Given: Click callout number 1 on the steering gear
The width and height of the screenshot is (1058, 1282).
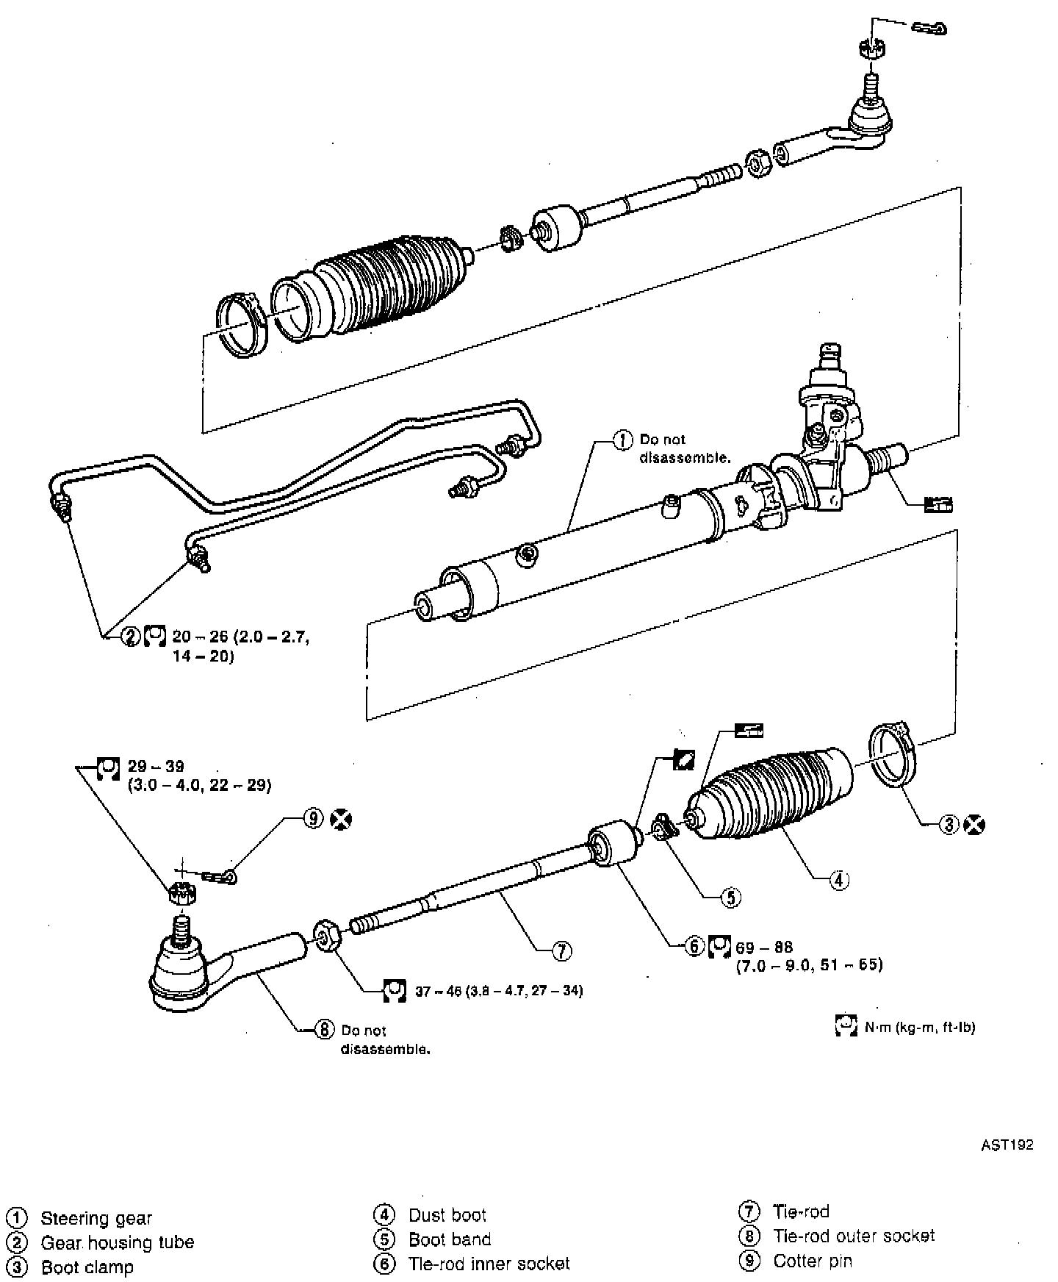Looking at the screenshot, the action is point(622,440).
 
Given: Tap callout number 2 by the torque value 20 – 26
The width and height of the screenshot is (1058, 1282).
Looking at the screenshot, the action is point(131,636).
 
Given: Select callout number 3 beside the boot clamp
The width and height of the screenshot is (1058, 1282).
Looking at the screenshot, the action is point(949,825).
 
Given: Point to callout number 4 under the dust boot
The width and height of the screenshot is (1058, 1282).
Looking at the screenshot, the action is point(839,879).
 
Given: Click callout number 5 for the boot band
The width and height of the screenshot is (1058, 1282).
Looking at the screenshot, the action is point(731,897).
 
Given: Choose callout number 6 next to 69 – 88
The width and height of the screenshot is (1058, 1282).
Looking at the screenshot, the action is point(695,946).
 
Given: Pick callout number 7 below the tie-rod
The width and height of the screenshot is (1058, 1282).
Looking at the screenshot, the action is point(561,951).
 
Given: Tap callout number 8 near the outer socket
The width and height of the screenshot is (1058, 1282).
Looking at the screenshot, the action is point(324,1030).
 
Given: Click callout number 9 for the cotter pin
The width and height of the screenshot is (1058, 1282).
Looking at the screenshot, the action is point(314,818).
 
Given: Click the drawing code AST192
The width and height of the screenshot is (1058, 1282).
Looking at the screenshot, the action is point(1007,1145).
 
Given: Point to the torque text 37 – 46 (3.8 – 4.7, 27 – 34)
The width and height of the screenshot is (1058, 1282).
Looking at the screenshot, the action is point(499,991).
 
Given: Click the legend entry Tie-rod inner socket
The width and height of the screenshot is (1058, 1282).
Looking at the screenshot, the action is point(489,1264).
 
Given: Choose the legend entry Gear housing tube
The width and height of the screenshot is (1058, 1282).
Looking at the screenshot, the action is point(118,1242).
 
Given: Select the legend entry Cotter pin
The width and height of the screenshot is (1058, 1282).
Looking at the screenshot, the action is point(813,1261).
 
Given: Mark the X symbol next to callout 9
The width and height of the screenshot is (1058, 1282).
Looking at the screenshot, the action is point(340,818).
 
